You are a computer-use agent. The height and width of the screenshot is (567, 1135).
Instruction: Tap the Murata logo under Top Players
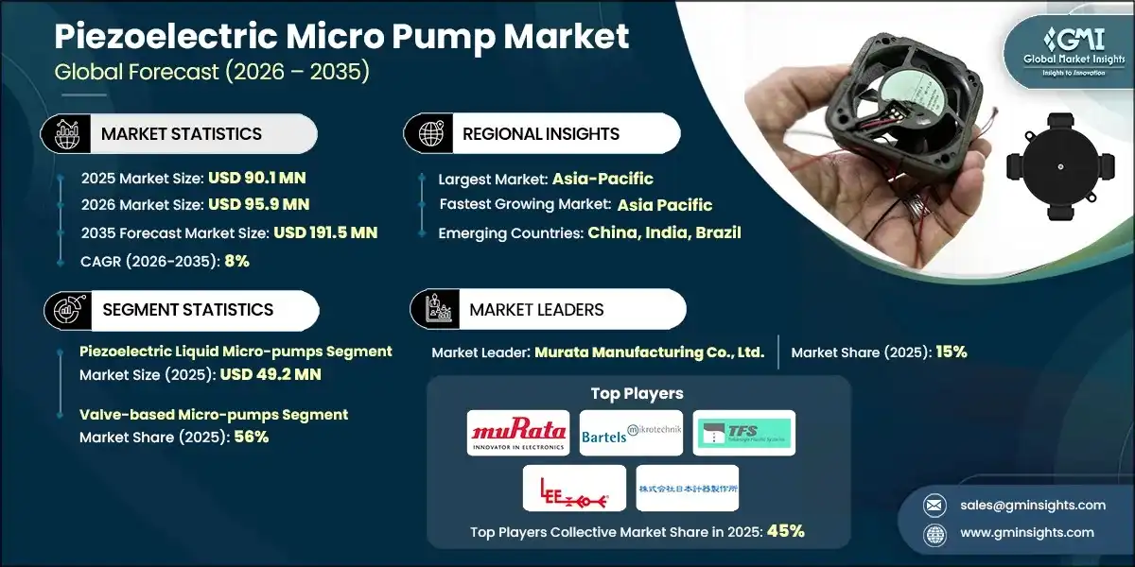(519, 433)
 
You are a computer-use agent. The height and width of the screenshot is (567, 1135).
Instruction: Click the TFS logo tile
(743, 433)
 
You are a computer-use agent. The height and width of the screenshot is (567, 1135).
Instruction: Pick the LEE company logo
(574, 488)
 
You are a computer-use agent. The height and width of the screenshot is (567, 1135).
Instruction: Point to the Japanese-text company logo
(688, 488)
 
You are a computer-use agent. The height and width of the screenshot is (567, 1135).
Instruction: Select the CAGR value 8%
(236, 261)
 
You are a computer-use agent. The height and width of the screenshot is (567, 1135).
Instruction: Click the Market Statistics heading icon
(65, 134)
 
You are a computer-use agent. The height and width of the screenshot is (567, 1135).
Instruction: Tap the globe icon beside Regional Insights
(428, 134)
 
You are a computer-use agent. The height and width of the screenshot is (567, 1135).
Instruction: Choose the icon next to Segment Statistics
(65, 310)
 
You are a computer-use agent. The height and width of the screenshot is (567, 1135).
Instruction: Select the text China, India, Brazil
(664, 232)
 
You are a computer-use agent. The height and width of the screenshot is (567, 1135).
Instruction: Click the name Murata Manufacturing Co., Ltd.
(649, 352)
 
